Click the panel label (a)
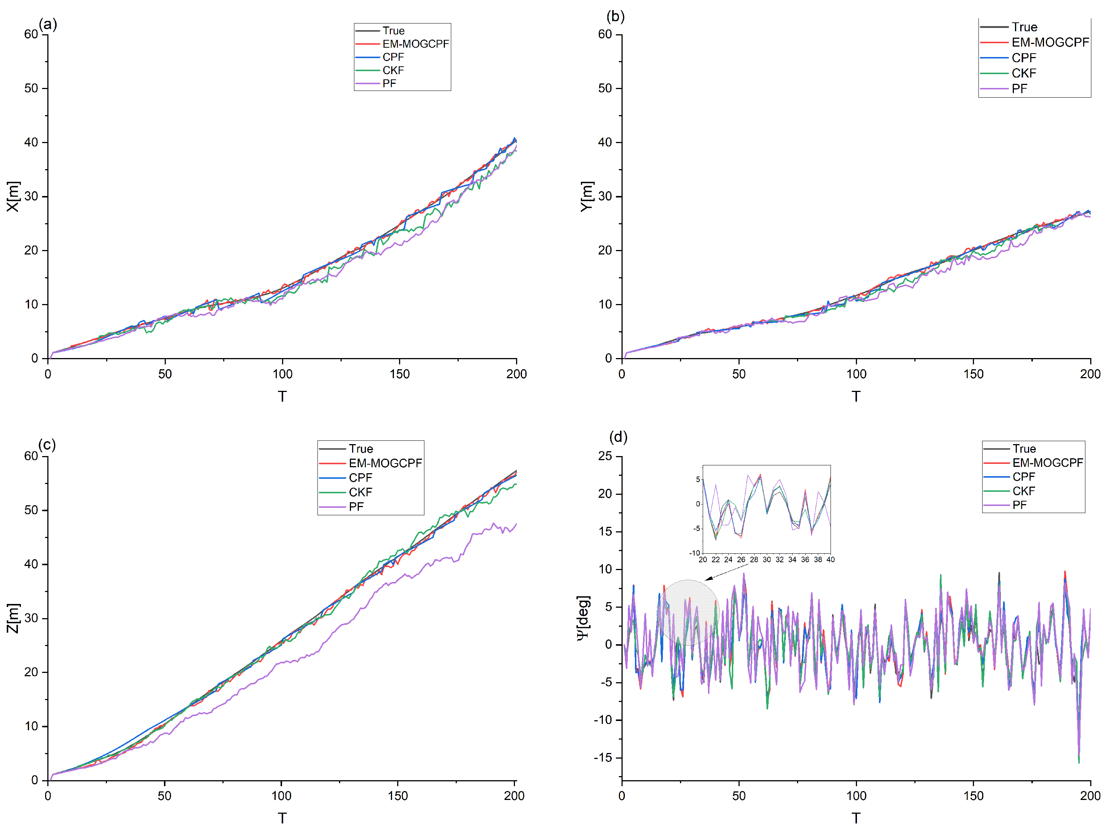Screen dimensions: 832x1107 coord(48,24)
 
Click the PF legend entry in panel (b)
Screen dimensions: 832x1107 coord(1019,89)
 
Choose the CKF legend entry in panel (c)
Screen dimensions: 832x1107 coord(360,492)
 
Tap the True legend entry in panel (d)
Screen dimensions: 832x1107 coord(1024,448)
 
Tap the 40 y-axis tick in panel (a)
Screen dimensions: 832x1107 coord(31,142)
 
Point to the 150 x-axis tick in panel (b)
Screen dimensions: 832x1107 coord(973,374)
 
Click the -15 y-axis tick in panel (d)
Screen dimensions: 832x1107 coord(602,757)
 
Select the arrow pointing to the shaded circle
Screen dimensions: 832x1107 coord(726,573)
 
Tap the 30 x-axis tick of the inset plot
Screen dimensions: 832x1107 coord(766,559)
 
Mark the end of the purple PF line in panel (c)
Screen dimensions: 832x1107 coord(516,524)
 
